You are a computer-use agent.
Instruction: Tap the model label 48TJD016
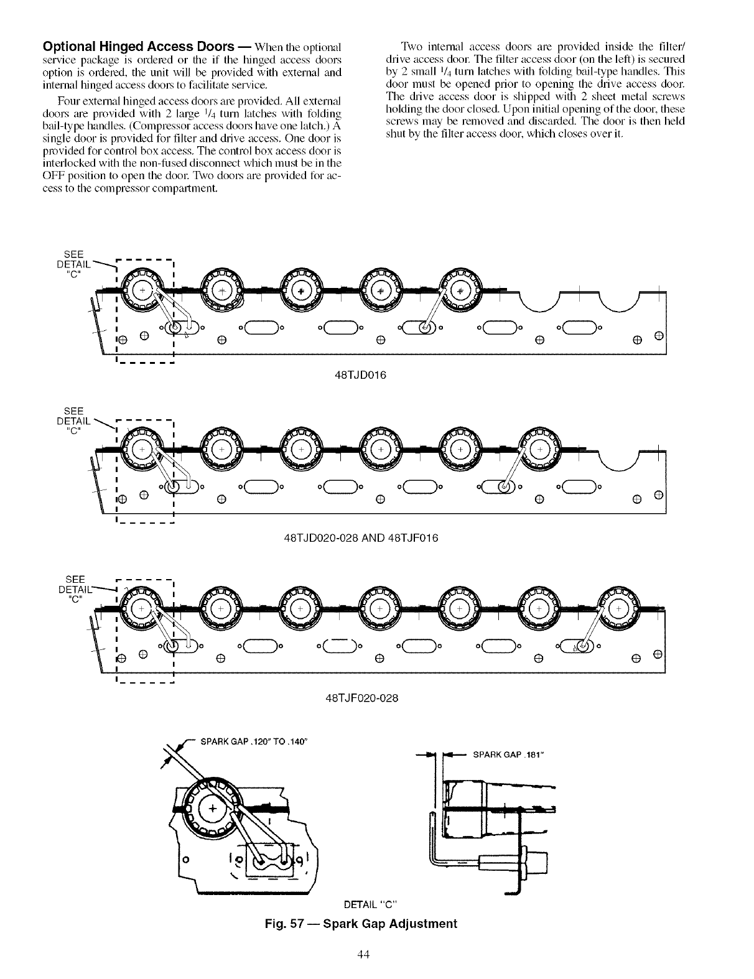pos(361,375)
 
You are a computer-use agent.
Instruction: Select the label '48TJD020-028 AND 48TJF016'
pos(361,537)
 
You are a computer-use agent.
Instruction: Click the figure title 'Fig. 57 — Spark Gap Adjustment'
pos(361,924)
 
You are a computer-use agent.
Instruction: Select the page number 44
pos(364,955)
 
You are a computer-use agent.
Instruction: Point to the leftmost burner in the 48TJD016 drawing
pos(142,292)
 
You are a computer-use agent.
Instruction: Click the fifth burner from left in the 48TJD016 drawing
pos(460,292)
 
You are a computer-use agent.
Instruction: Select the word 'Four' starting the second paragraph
pos(68,101)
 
